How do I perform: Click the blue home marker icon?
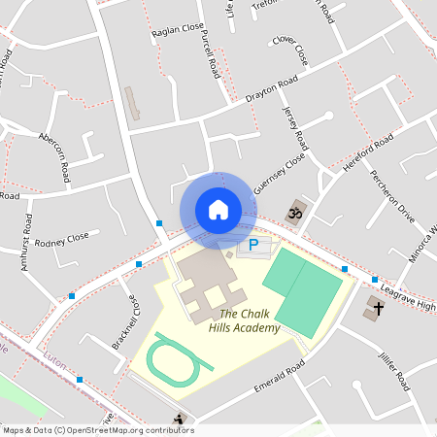tap(218, 209)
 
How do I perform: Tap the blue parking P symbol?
tap(253, 246)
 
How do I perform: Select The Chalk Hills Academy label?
tap(250, 320)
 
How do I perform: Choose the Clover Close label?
tap(289, 50)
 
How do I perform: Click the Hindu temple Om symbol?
tap(292, 211)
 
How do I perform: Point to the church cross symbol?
tap(376, 310)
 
